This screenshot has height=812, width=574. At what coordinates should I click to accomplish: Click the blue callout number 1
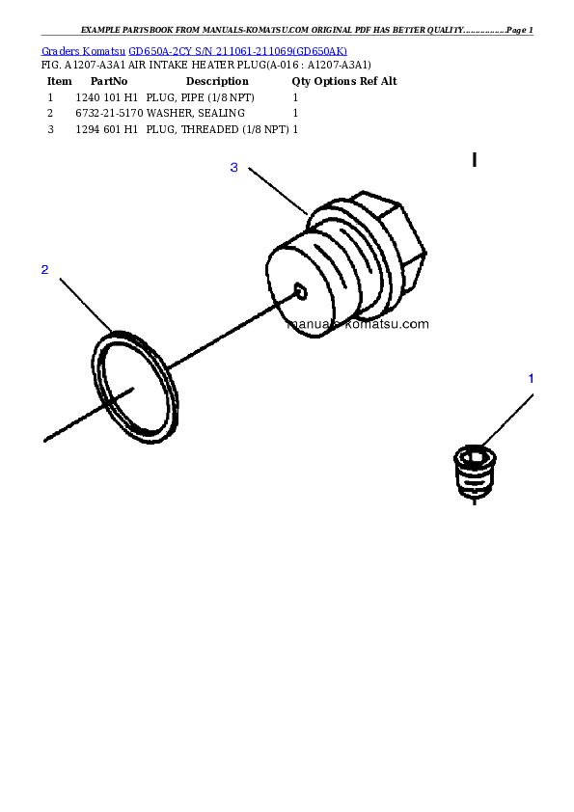[531, 378]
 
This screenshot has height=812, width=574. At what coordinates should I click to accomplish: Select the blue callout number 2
[44, 269]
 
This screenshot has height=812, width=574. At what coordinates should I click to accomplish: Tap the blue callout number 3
[233, 168]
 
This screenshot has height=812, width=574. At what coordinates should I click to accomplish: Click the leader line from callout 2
[86, 303]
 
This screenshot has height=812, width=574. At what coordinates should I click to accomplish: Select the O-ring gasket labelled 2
[137, 387]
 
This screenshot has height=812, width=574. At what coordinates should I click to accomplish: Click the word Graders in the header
[59, 50]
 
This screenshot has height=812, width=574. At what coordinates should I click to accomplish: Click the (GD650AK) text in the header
[320, 50]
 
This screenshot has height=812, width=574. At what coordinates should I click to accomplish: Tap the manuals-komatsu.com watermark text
[358, 324]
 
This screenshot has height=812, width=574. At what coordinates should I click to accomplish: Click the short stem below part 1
[473, 501]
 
